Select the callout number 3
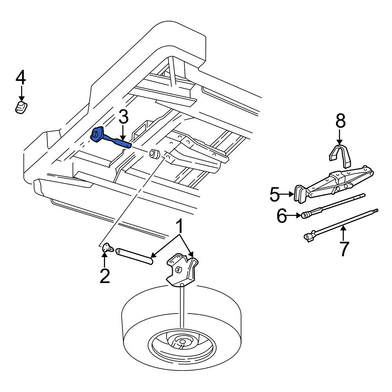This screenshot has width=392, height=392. pyautogui.click(x=123, y=116)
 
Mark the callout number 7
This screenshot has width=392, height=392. pyautogui.click(x=343, y=249)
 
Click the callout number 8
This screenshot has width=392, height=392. pyautogui.click(x=340, y=122)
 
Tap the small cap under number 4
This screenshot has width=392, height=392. pyautogui.click(x=21, y=107)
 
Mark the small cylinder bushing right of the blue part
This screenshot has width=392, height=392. pyautogui.click(x=154, y=154)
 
